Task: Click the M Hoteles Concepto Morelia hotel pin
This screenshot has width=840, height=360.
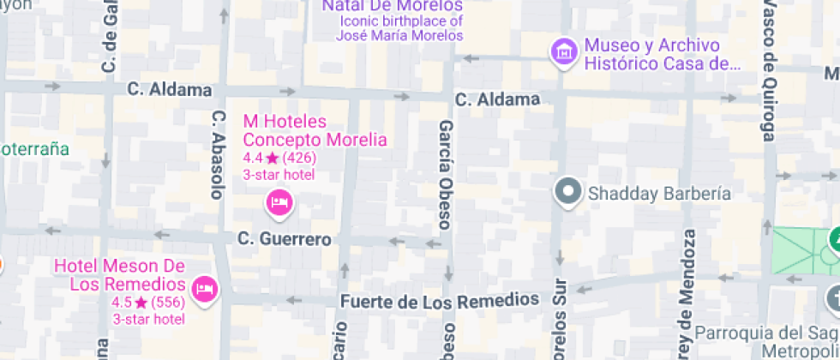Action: (279, 202)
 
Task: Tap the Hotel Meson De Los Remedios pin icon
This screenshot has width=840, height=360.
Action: (205, 289)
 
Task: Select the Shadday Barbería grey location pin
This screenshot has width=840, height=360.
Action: (567, 192)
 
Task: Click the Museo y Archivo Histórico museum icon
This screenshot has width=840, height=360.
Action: (564, 51)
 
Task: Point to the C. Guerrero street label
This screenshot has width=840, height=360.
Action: (284, 239)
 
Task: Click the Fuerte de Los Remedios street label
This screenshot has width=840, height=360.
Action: (440, 301)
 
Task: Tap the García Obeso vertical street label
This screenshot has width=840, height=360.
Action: (445, 175)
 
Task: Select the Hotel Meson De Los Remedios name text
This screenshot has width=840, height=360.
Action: (120, 275)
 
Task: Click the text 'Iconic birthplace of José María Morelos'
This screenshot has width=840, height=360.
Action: (401, 28)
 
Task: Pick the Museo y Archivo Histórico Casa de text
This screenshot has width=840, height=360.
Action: (662, 54)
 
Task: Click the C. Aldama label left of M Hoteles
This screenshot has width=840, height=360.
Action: (169, 89)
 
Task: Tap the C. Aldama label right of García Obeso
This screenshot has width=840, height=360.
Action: (497, 99)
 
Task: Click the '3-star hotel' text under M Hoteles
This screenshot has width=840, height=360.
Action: (279, 175)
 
